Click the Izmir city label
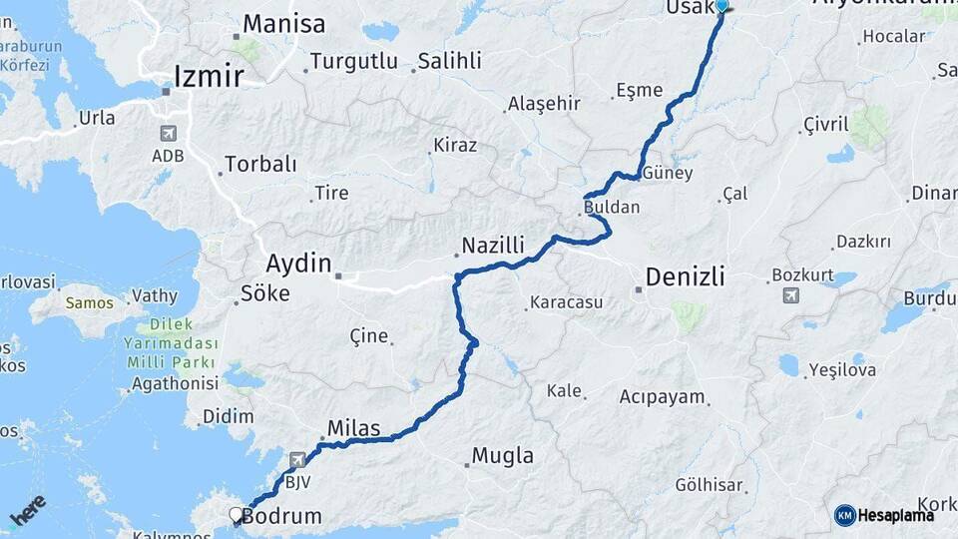[208, 76]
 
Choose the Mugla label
[502, 456]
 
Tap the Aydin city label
[297, 265]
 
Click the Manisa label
[283, 24]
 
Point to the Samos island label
[89, 301]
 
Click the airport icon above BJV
[298, 460]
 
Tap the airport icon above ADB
[167, 134]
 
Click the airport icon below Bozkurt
[791, 295]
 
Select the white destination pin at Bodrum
[237, 515]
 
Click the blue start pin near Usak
[722, 5]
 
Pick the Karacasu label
[566, 300]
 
